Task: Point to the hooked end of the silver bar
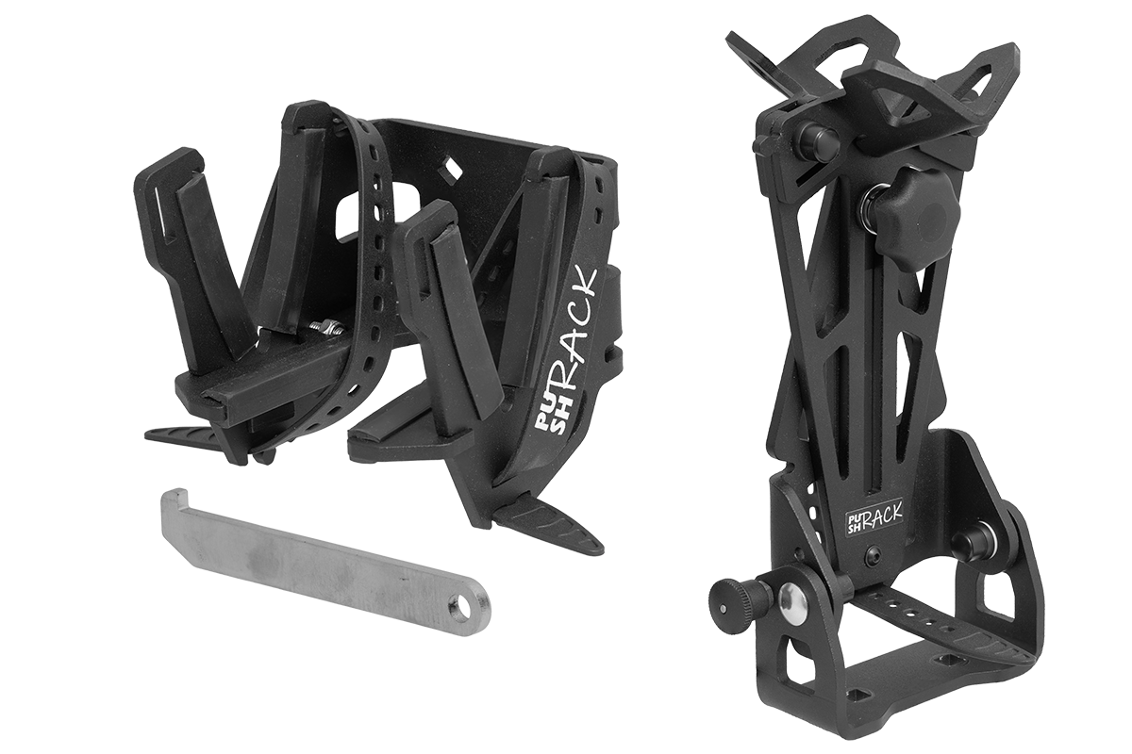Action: click(175, 500)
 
